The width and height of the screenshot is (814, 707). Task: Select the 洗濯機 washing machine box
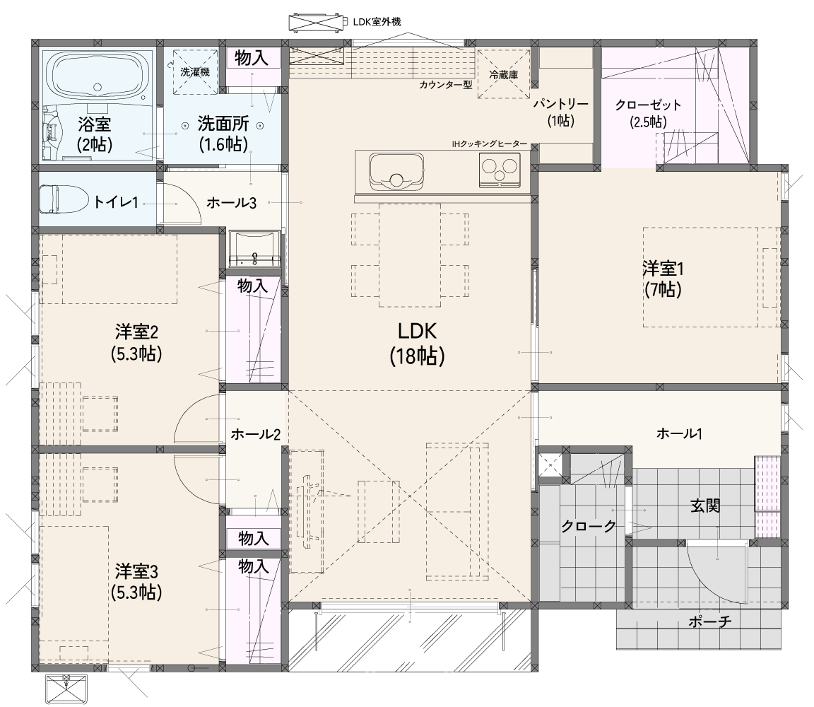pos(195,72)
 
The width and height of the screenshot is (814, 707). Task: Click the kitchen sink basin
pos(396,170)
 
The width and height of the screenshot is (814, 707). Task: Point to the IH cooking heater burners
pos(499,170)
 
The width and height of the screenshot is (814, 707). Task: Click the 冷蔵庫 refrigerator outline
pos(502,74)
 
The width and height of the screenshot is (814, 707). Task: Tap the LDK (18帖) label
pos(417,344)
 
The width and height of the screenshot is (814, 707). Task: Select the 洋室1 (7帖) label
pos(662,279)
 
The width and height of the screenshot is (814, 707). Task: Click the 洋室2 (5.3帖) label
pos(136,343)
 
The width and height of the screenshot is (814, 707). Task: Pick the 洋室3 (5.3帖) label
pos(136,582)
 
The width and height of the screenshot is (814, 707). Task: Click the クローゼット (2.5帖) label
pos(648,112)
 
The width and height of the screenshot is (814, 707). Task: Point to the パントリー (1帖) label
pos(560,112)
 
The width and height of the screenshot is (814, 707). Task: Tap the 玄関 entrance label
pos(705,505)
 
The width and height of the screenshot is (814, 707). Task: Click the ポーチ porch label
pos(710,621)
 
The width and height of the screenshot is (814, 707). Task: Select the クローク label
pos(589,526)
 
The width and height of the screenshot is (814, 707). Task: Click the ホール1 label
pos(679,433)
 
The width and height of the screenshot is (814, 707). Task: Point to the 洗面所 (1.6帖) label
pos(223,134)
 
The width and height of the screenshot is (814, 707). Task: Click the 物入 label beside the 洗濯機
pos(252,58)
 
